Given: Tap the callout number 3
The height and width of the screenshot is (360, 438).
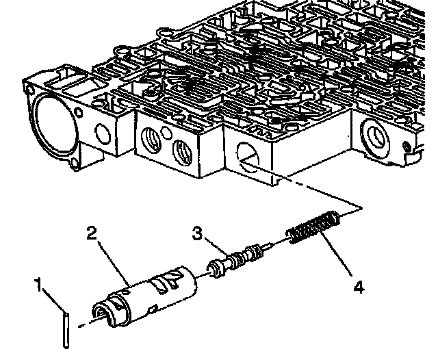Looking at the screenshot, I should point(198,234).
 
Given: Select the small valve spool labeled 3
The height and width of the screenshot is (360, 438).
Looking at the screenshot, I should point(237,260).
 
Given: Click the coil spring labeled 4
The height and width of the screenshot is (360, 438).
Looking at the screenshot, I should point(313,227).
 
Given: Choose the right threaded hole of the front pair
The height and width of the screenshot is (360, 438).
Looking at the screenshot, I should point(181,149).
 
